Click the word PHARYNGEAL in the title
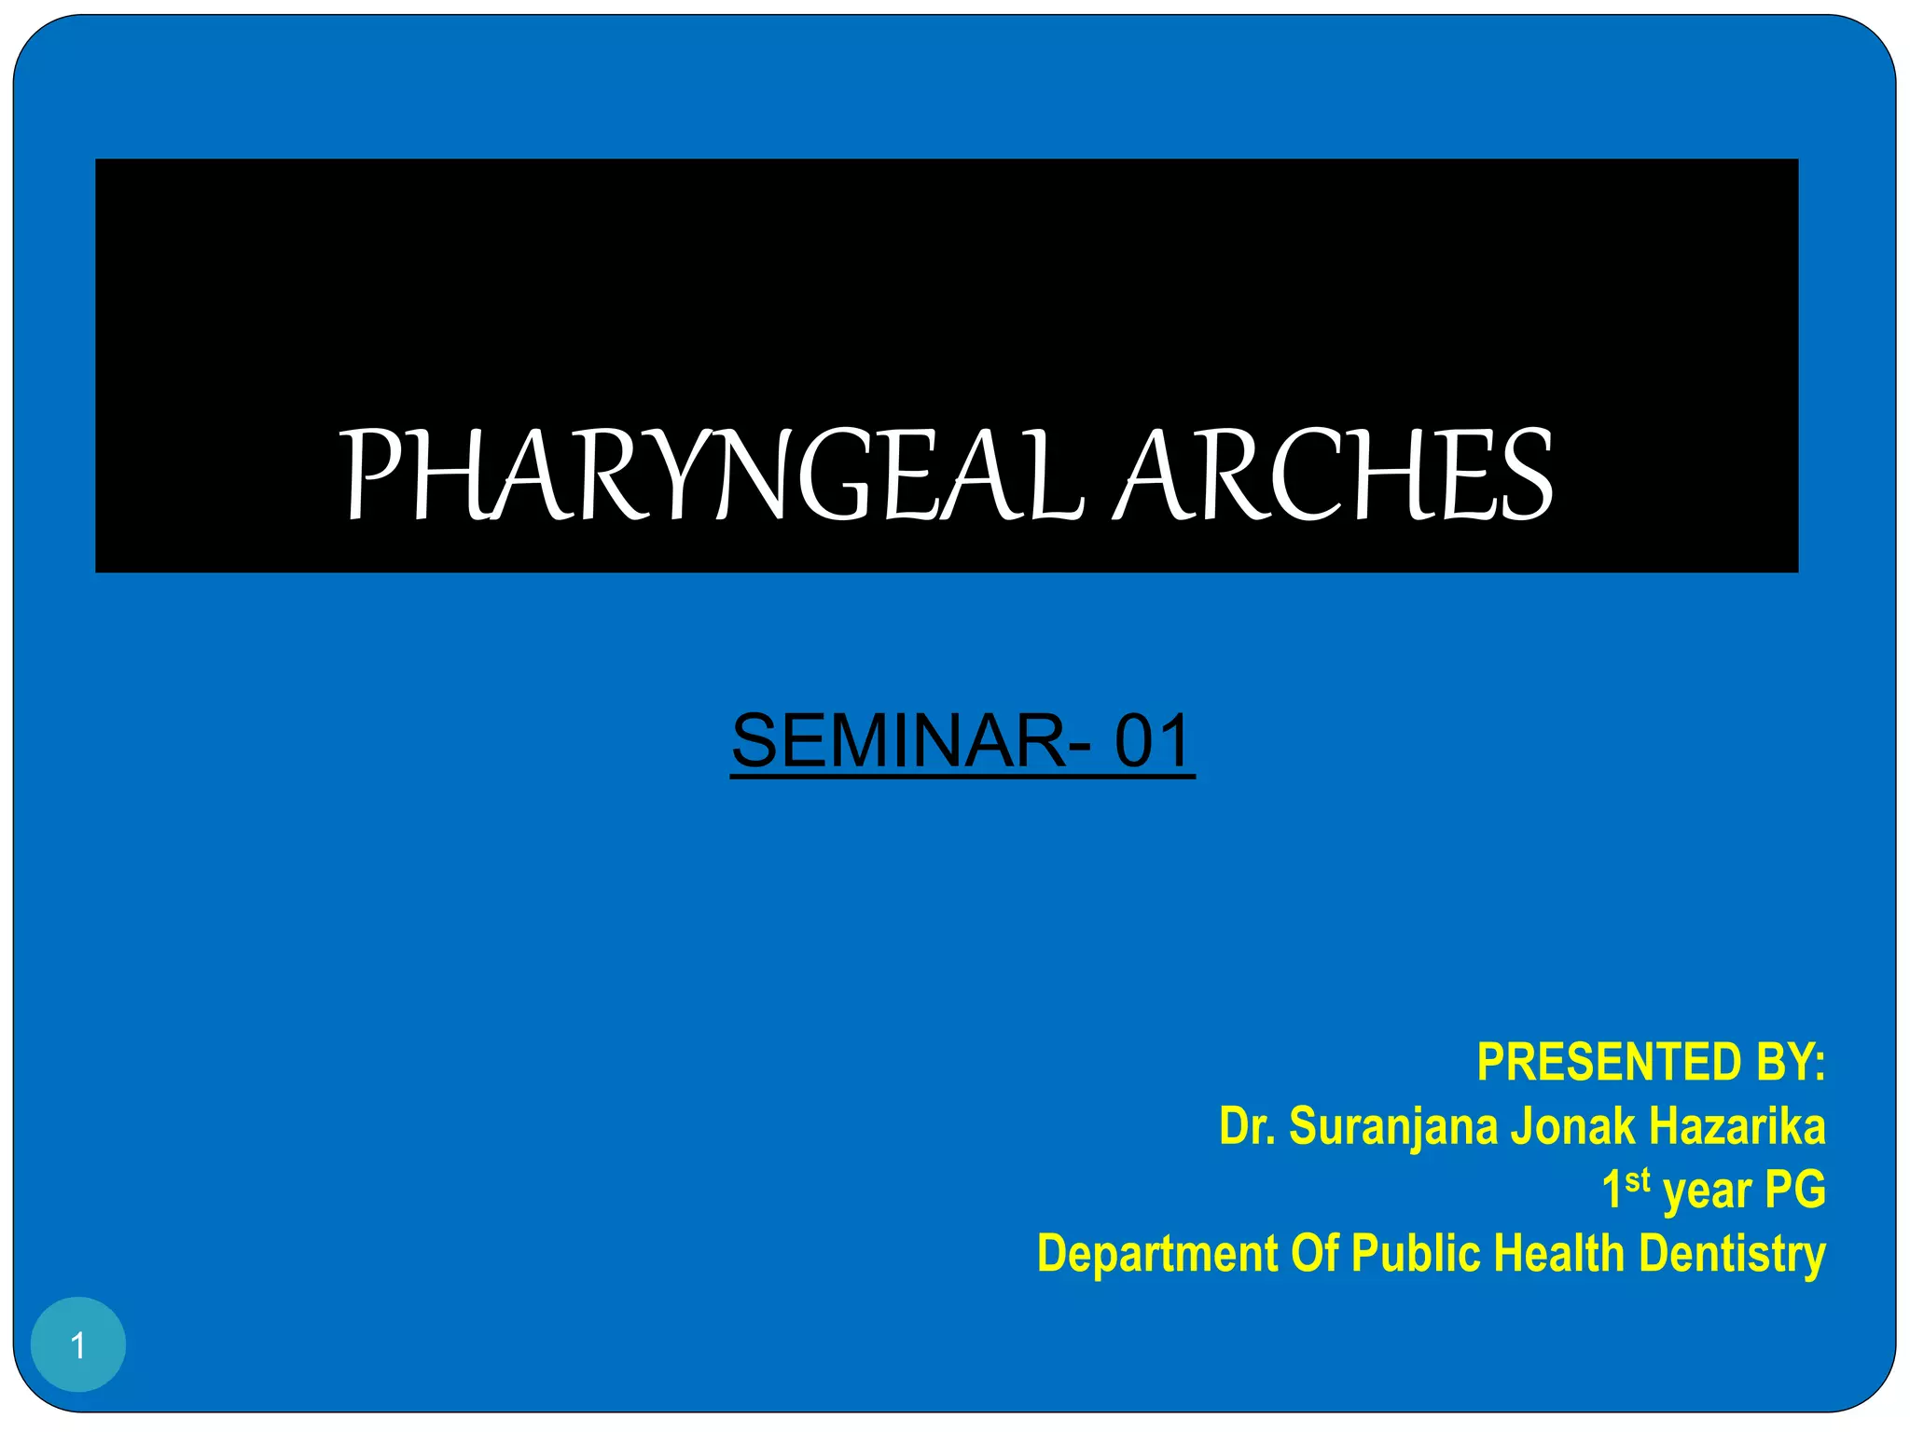coord(713,475)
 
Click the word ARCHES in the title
coord(1336,475)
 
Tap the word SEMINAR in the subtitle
coord(899,741)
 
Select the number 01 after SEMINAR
coord(1154,741)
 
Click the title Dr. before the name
coord(1248,1126)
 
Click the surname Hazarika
coord(1737,1126)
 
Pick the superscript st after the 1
coord(1638,1180)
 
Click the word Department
coord(1157,1254)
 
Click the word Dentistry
coord(1732,1254)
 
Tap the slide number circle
coord(78,1344)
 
